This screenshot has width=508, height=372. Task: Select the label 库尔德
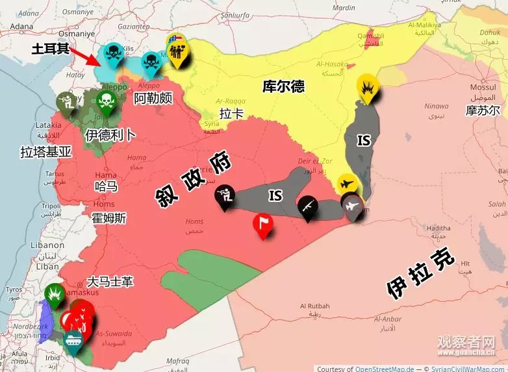[x=283, y=86]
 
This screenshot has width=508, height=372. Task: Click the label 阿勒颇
[x=153, y=99]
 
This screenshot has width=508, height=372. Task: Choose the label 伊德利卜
[x=110, y=134]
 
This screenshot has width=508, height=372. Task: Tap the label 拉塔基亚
[x=46, y=152]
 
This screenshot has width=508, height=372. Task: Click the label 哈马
[x=106, y=186]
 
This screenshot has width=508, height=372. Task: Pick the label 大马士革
[x=110, y=282]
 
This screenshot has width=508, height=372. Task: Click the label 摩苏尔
[x=483, y=110]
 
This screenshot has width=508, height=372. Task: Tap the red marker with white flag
[x=263, y=225]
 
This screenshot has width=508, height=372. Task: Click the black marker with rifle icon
[x=309, y=207]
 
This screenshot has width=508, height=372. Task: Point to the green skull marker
[x=105, y=101]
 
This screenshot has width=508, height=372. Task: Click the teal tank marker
[x=71, y=341]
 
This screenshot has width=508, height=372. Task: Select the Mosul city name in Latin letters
[x=483, y=88]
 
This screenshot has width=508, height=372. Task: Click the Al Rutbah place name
[x=314, y=306]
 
